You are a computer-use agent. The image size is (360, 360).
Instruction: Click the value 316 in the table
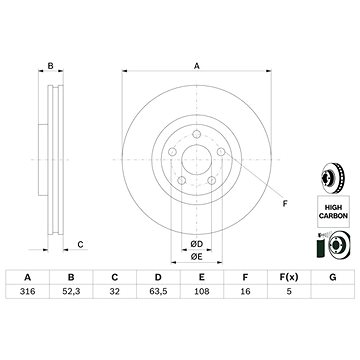click(27, 291)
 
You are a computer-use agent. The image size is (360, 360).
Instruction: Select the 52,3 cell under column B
click(71, 291)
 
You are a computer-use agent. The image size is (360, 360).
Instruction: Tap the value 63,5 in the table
click(158, 291)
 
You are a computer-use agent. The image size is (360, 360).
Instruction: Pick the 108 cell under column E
click(202, 291)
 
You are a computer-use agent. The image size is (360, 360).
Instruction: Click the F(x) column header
click(289, 277)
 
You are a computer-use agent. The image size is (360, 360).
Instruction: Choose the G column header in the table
click(332, 277)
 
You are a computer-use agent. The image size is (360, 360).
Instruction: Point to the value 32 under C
click(115, 291)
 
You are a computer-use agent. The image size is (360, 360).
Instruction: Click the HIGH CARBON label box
click(333, 211)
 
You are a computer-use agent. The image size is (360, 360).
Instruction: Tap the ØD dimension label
click(197, 244)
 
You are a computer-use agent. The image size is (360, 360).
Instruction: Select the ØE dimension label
click(197, 257)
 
